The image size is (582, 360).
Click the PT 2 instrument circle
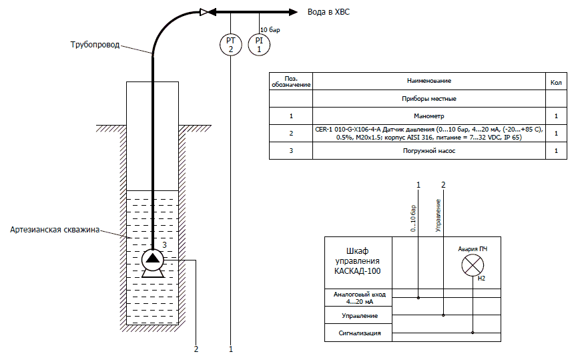230,45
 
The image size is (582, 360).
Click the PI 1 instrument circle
259,45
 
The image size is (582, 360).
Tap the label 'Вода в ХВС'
328,11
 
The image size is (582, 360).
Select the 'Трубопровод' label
95,45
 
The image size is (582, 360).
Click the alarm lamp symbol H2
473,266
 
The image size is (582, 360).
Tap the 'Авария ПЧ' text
472,248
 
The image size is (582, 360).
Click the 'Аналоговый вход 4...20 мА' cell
359,297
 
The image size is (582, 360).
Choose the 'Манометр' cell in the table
429,116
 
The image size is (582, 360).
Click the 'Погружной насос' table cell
429,151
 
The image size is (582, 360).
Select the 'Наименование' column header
429,81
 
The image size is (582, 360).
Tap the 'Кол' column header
555,81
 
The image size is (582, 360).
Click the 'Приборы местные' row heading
429,98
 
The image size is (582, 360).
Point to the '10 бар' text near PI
269,30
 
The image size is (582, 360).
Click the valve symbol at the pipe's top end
205,11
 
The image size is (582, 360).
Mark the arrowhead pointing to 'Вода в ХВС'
292,11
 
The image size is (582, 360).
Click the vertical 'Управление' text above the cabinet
438,215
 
